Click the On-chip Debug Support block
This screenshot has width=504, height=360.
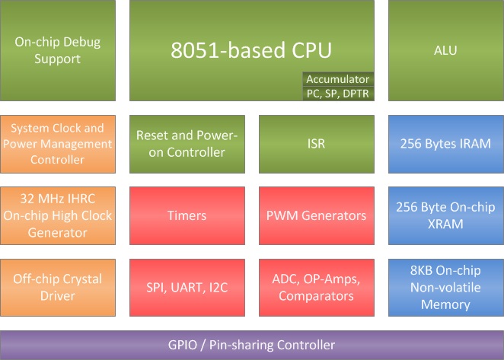point(58,50)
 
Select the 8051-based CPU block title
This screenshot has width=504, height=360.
point(251,50)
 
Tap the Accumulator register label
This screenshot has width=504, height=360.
point(337,79)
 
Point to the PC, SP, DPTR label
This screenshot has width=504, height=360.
point(337,93)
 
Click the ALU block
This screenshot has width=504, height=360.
point(445,50)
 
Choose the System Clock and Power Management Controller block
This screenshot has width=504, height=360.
point(58,143)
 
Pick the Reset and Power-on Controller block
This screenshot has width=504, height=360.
point(187,143)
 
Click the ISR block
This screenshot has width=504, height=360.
point(316,143)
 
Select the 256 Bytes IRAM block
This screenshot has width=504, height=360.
point(445,143)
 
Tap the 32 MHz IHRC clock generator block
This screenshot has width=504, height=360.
point(58,215)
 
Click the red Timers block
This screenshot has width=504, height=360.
point(187,215)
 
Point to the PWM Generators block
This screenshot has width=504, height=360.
point(316,215)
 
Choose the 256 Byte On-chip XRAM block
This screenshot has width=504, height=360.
point(445,215)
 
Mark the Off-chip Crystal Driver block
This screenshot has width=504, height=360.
point(58,288)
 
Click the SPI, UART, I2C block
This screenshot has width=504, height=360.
point(187,288)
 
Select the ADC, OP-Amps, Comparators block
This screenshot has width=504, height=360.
point(316,288)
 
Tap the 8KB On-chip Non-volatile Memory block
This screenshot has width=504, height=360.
point(445,288)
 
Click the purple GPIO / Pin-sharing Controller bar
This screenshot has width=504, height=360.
point(251,345)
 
